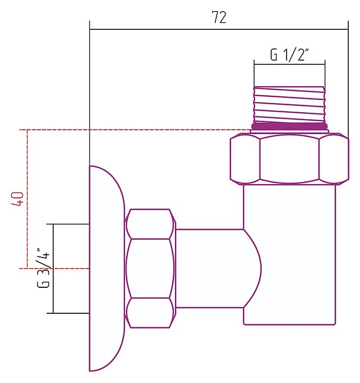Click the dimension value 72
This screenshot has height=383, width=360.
[x=219, y=18]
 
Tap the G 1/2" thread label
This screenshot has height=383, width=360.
[x=290, y=55]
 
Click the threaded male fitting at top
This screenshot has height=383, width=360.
[x=289, y=104]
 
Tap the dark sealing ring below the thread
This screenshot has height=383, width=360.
[x=289, y=126]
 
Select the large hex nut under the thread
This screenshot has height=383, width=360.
[x=289, y=159]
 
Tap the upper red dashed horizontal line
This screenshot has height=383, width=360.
[x=133, y=129]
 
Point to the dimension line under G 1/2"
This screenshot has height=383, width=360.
[x=289, y=65]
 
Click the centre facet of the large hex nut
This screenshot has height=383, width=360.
[x=289, y=159]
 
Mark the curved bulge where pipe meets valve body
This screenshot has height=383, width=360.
[x=253, y=268]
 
